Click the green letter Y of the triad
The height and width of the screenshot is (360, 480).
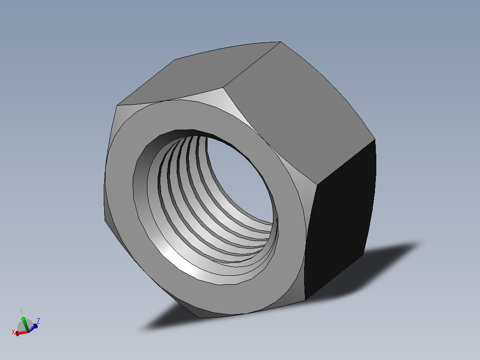[21, 312]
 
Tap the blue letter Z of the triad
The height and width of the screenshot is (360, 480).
[39, 320]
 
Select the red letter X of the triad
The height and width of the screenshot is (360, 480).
[13, 332]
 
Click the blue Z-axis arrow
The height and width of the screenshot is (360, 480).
[33, 327]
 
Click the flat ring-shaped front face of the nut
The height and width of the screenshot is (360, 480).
[285, 250]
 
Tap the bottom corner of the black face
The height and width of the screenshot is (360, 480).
[305, 300]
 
